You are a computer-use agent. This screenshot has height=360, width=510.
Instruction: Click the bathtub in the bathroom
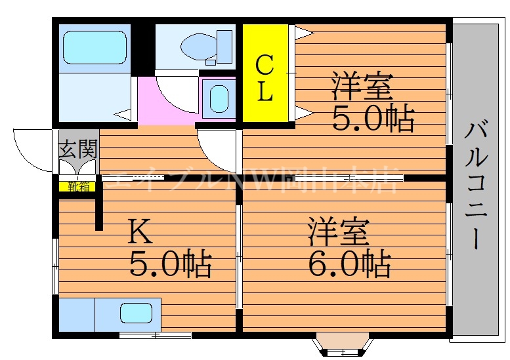(x=93, y=47)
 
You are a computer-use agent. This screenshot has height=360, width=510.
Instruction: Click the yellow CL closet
(x=265, y=73)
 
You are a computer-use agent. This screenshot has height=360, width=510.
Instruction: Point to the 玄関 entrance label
(x=77, y=150)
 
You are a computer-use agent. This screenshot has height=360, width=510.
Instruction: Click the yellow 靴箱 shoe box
(x=77, y=186)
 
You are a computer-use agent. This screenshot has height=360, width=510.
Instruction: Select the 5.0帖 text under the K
(x=169, y=264)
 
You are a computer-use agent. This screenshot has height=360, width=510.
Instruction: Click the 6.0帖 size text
(x=349, y=264)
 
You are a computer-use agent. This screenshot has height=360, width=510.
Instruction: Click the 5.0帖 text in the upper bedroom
(x=372, y=119)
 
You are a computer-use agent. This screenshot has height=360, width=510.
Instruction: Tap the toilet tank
(x=224, y=46)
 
